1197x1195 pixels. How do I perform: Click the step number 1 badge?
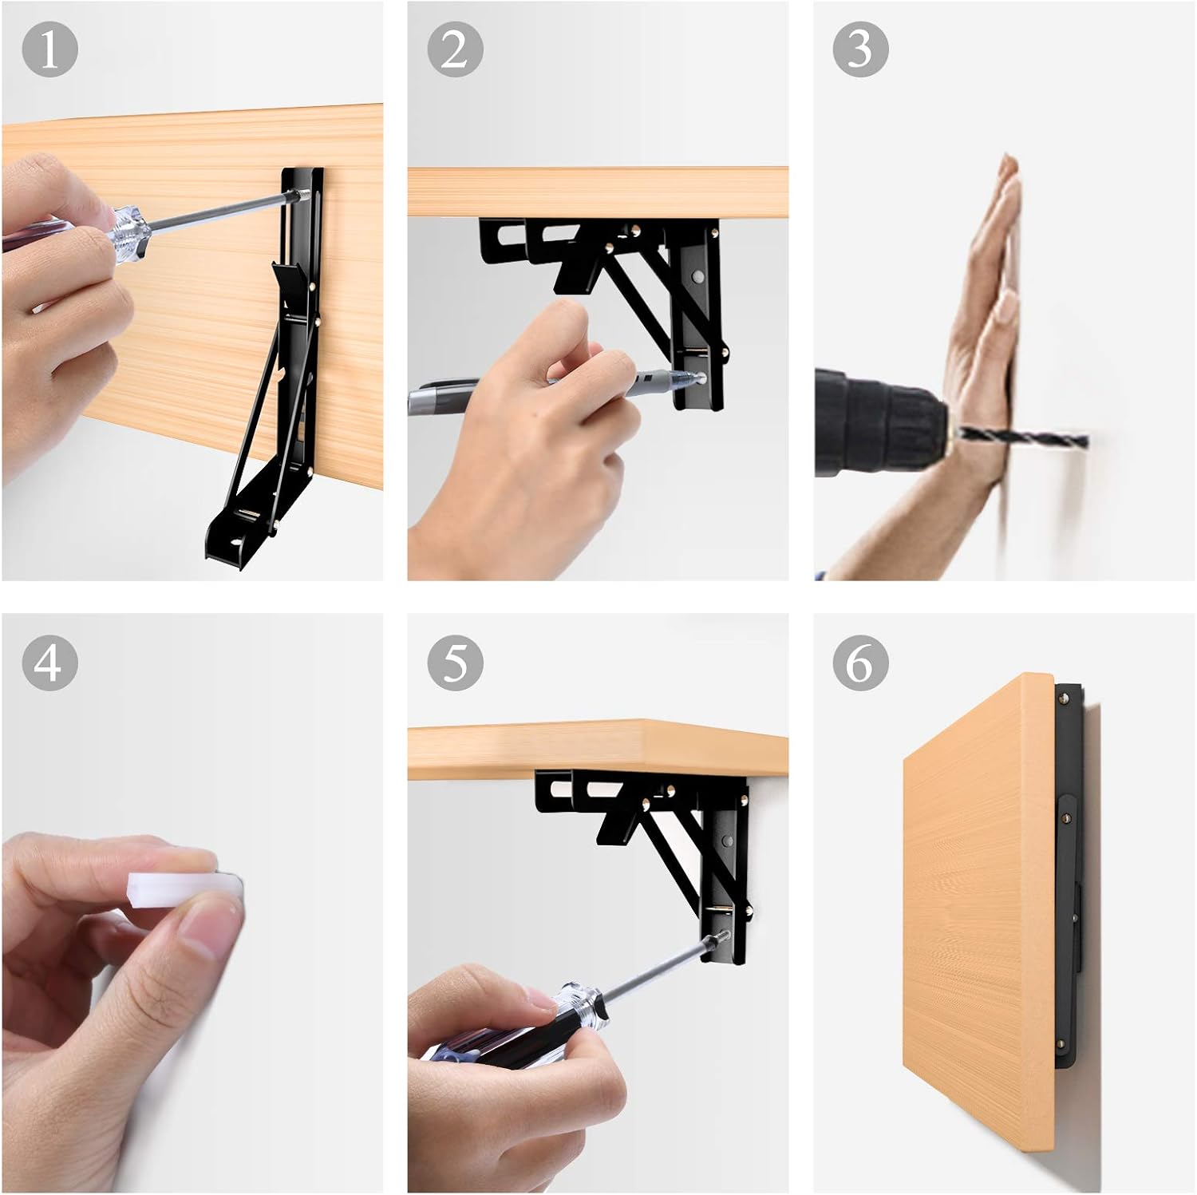tap(49, 49)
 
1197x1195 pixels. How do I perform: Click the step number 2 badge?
tap(455, 49)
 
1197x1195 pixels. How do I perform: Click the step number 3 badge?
tap(860, 49)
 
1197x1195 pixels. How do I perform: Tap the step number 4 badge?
tap(49, 663)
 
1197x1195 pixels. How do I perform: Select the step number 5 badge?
tap(455, 663)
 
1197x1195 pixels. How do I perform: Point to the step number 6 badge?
tap(860, 663)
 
